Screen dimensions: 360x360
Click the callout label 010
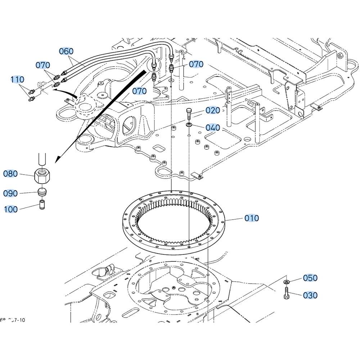tap(252, 218)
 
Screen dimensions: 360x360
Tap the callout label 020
tap(212, 111)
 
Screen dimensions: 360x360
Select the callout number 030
tap(310, 296)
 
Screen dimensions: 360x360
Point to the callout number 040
tap(212, 128)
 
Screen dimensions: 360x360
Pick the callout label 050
tap(310, 278)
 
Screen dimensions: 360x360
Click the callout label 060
tap(66, 51)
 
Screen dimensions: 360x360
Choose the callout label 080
tap(10, 174)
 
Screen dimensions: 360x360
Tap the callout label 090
tap(10, 194)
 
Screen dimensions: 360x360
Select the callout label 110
tap(17, 79)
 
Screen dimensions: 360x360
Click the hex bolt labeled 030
tap(287, 293)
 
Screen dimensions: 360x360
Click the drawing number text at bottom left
tap(13, 320)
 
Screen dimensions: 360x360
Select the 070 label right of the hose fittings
tap(196, 64)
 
